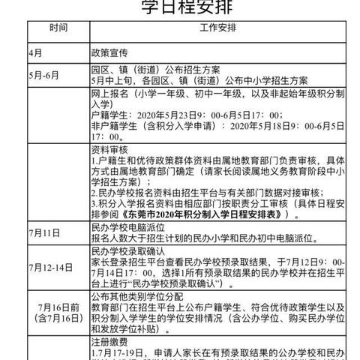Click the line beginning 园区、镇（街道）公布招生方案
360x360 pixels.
[x=154, y=69]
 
